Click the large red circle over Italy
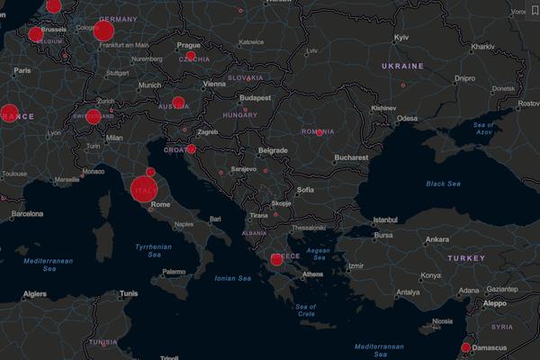pos(144,191)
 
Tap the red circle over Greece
pos(276,259)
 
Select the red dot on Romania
pos(319,132)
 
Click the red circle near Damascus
pos(465,347)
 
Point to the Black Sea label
pos(443,184)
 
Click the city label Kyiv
pos(402,38)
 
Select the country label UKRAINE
pos(402,67)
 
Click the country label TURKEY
pos(467,258)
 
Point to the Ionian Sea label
pos(232,278)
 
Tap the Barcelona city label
pos(27,215)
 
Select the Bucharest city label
pos(350,157)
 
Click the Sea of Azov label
pos(485,128)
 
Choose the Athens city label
pos(313,274)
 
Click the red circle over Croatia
pos(192,149)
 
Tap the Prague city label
pos(189,44)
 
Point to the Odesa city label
pos(408,119)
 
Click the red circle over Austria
pos(178,103)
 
